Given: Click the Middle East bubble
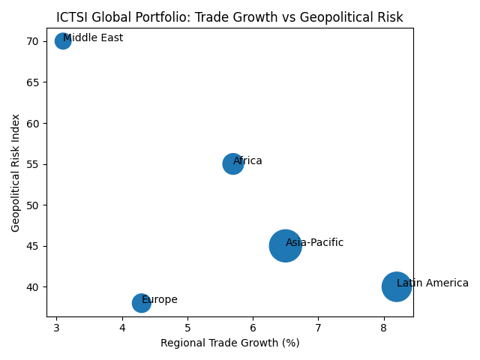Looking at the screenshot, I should pyautogui.click(x=63, y=41).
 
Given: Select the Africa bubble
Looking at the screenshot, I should pyautogui.click(x=233, y=164).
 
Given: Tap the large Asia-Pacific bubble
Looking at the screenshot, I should pyautogui.click(x=285, y=246).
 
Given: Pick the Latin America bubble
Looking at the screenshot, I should pyautogui.click(x=397, y=286).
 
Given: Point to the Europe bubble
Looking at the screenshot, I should pyautogui.click(x=142, y=303).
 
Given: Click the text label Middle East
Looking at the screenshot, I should pyautogui.click(x=93, y=38).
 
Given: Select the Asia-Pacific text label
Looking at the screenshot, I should pyautogui.click(x=314, y=243).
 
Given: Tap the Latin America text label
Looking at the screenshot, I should pyautogui.click(x=432, y=283).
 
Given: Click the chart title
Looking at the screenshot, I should pyautogui.click(x=229, y=17).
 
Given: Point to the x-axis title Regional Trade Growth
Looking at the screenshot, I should pyautogui.click(x=229, y=343).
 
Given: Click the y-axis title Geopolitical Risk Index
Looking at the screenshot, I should pyautogui.click(x=15, y=172).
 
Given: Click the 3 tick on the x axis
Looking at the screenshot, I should pyautogui.click(x=56, y=328).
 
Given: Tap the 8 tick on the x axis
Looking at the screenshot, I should pyautogui.click(x=383, y=328).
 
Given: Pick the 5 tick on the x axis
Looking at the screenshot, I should pyautogui.click(x=187, y=328).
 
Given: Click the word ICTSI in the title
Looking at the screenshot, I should pyautogui.click(x=71, y=17).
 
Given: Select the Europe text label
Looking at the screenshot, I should pyautogui.click(x=159, y=300).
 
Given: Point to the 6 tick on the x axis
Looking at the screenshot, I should pyautogui.click(x=253, y=328).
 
